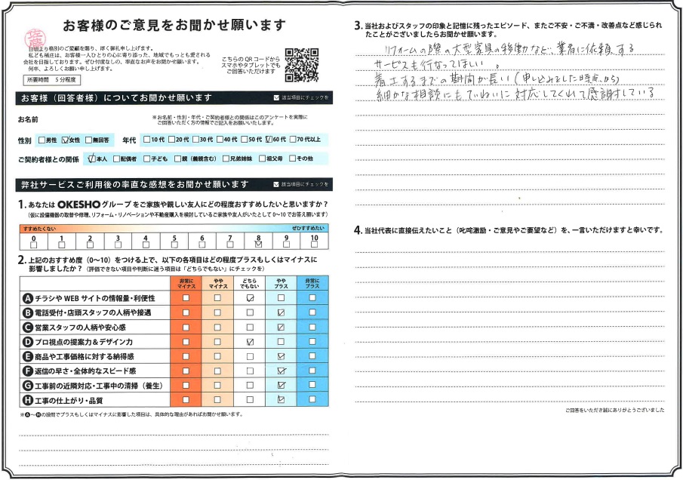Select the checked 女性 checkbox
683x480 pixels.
click(x=66, y=140)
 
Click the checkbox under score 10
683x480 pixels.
click(x=315, y=244)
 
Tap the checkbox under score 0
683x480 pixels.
click(x=33, y=244)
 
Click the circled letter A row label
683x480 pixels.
click(x=29, y=298)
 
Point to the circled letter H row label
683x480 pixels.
click(x=29, y=400)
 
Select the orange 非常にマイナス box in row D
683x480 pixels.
click(x=186, y=342)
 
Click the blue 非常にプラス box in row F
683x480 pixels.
click(x=312, y=371)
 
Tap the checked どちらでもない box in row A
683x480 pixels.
click(x=249, y=298)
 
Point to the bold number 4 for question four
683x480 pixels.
click(x=358, y=229)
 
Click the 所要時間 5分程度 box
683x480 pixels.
click(x=51, y=79)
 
